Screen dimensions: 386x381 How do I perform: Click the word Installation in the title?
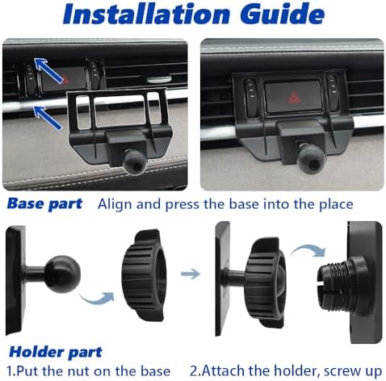(146, 14)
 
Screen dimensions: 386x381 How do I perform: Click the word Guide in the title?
(282, 14)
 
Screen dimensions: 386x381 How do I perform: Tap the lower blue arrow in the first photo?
(48, 117)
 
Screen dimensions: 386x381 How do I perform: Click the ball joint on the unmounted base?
(134, 162)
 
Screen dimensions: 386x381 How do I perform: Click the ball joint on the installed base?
(310, 158)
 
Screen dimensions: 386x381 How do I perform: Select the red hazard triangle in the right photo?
(295, 97)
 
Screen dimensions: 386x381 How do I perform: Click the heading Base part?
(44, 203)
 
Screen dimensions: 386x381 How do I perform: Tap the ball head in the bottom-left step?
(62, 274)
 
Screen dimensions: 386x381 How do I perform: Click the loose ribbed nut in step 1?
(142, 275)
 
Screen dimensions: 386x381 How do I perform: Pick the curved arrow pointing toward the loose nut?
(98, 299)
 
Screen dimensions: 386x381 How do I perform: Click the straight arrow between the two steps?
(191, 274)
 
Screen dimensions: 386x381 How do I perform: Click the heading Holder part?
(56, 352)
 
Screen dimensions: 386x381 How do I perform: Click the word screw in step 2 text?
(342, 371)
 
